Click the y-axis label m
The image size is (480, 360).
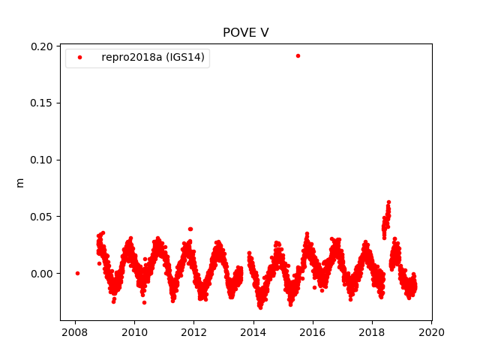pos(20,182)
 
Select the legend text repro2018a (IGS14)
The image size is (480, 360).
pos(153,58)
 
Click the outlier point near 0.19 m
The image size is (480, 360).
pos(298,55)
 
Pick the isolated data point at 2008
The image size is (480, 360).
pos(77,273)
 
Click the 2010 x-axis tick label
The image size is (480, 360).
pos(134,332)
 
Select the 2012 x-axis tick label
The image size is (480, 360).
pos(193,332)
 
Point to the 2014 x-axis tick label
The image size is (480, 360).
pos(253,332)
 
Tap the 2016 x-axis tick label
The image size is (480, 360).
pos(313,332)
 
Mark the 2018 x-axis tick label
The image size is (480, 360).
pos(372,332)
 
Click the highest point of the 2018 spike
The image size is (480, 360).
pos(388,202)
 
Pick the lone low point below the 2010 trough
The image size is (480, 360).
pos(144,302)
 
